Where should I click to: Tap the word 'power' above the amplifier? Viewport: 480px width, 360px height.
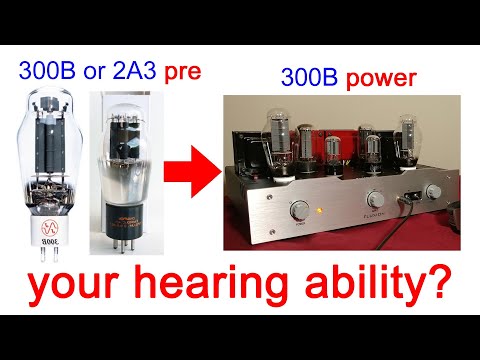(x=388, y=75)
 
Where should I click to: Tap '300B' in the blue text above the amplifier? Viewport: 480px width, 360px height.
(x=307, y=75)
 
